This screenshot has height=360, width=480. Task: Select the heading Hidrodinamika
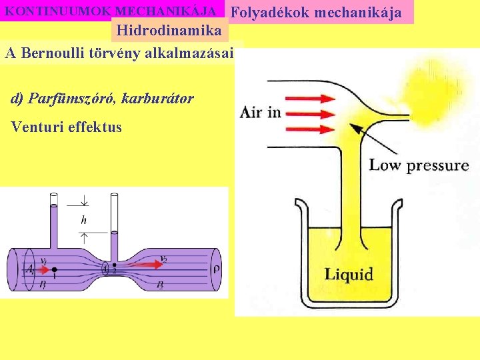169,30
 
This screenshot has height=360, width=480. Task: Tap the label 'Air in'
260,112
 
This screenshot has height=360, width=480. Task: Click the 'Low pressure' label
419,165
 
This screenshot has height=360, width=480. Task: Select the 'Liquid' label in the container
349,273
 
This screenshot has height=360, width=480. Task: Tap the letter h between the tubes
83,219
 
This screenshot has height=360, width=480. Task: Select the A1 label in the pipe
29,270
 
